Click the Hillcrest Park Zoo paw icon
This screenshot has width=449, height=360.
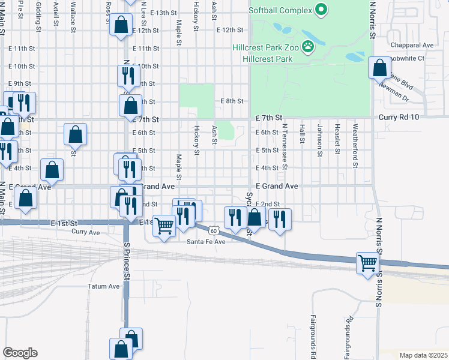coord(309,46)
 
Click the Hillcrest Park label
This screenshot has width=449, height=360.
coord(267,59)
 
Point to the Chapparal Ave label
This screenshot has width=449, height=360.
coord(411,45)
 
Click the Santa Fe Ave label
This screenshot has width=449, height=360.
coord(205,242)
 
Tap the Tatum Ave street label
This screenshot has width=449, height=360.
coord(104,287)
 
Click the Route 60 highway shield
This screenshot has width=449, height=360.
coord(214,230)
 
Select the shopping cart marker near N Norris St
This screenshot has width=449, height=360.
coord(368,262)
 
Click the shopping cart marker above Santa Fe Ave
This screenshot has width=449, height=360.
coord(164,226)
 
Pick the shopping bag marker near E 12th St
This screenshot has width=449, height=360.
coord(121,25)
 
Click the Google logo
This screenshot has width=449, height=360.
coord(20,353)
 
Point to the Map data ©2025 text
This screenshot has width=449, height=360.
coord(423,355)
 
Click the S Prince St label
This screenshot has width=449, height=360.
coord(127,261)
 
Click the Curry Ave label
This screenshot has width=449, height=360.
coord(85,232)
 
